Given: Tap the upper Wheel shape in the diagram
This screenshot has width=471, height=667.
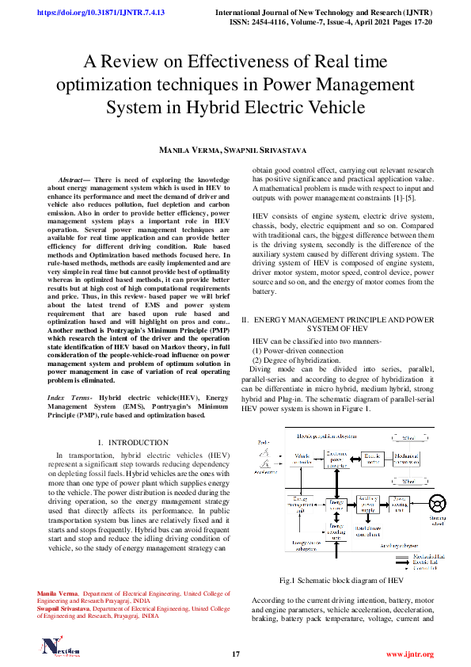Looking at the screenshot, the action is (409, 437).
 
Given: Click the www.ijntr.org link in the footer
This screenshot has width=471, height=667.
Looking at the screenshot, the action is (409, 654).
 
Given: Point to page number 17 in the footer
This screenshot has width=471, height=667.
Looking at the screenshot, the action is (235, 654).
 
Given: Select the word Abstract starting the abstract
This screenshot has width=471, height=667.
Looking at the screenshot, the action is (75, 181).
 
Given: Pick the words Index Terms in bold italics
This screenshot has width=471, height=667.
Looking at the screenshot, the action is (68, 395).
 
